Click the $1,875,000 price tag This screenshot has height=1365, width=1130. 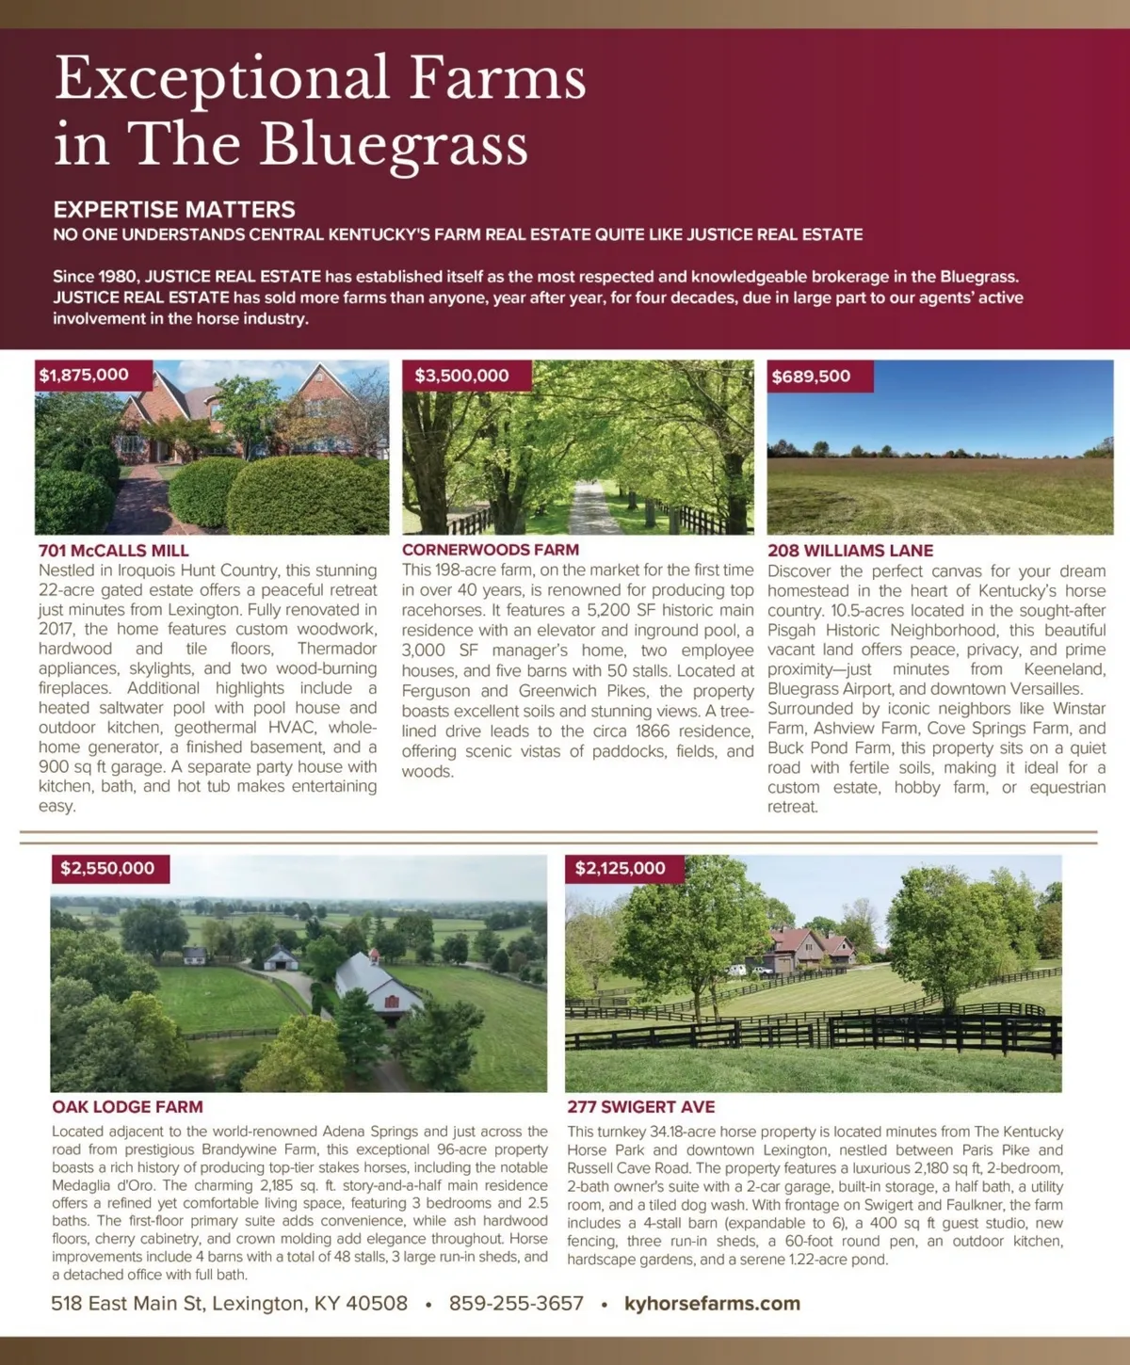point(84,375)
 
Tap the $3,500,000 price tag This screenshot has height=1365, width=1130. point(461,376)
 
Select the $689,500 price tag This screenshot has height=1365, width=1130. point(811,377)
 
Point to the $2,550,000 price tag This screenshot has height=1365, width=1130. point(107,868)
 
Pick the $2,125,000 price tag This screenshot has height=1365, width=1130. point(621,868)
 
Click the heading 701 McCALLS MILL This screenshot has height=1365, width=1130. point(114,551)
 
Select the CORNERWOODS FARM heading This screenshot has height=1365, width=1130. point(491,550)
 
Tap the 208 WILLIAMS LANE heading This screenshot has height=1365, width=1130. point(850,551)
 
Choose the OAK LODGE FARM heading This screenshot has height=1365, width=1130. point(127,1107)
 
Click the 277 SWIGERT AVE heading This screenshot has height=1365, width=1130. point(640,1107)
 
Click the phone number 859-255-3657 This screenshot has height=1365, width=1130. point(516,1304)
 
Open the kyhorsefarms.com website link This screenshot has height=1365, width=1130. point(712,1304)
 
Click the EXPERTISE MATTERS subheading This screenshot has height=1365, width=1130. point(174,209)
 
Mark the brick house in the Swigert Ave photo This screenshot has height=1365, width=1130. point(810,947)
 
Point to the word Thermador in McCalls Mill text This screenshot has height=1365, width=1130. point(337,649)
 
